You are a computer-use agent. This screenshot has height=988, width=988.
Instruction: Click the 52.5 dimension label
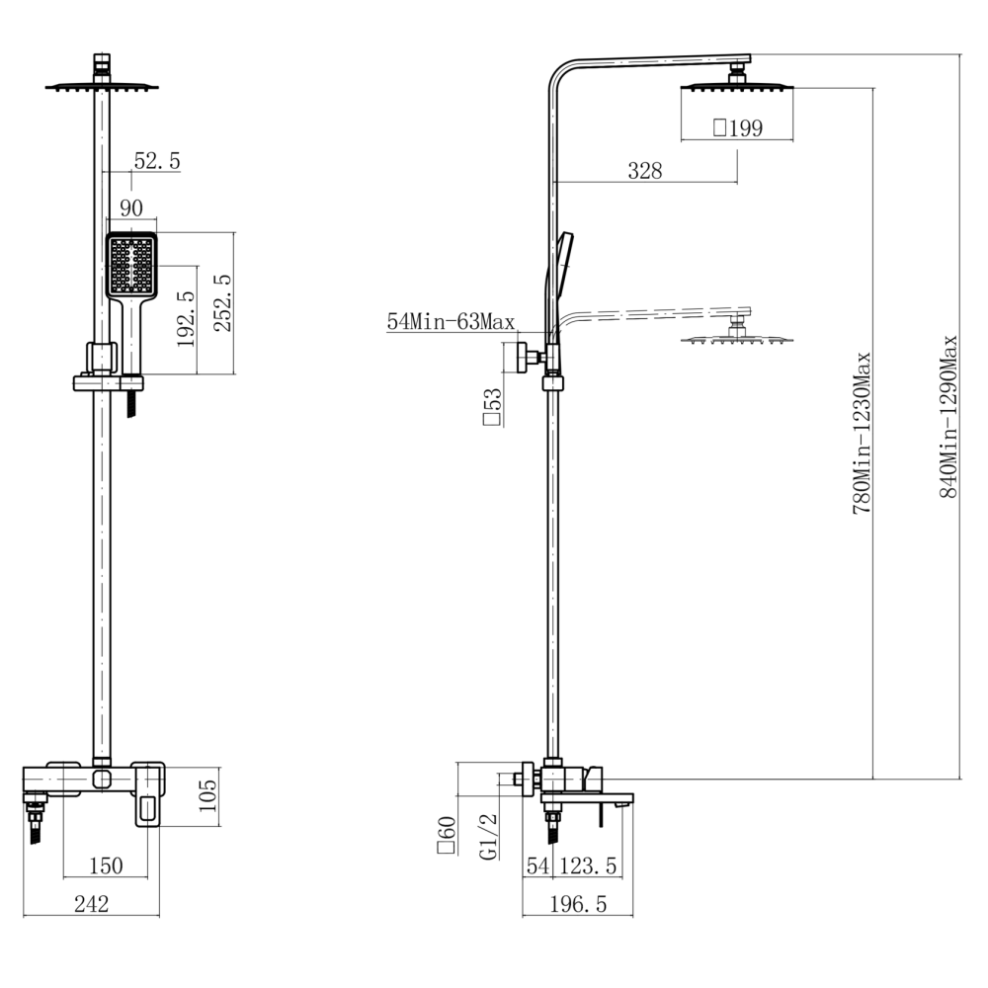click(x=157, y=161)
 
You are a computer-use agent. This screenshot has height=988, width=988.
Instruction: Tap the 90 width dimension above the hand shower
click(x=131, y=207)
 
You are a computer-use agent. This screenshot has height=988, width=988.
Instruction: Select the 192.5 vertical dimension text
click(x=187, y=319)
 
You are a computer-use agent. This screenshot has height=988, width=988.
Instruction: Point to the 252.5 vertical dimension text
click(x=222, y=303)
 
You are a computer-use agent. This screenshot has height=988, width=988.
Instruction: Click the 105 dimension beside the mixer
click(x=207, y=795)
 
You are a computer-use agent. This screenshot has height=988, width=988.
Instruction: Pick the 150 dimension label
click(x=106, y=865)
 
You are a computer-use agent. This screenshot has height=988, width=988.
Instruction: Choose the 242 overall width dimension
click(x=91, y=904)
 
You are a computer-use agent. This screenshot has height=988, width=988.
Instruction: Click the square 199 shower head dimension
click(x=738, y=127)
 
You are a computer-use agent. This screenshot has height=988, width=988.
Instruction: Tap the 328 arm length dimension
click(x=644, y=170)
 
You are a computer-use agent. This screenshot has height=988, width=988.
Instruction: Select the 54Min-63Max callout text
click(x=451, y=322)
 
